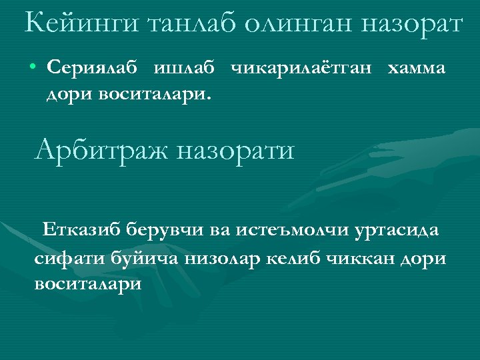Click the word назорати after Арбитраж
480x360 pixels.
click(235, 149)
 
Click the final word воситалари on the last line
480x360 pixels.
click(87, 283)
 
